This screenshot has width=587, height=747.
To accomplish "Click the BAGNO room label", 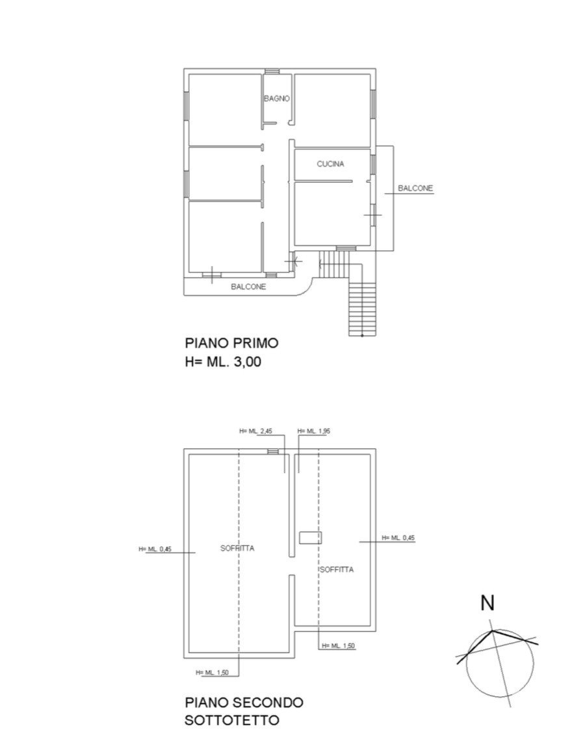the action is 277,99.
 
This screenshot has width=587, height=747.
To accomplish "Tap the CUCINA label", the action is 330,164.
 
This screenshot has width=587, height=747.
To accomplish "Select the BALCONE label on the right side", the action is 415,188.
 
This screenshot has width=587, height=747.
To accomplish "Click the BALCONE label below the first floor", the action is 248,287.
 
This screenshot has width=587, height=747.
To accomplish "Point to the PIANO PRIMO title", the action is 232,343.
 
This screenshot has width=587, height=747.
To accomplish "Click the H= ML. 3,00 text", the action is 223,362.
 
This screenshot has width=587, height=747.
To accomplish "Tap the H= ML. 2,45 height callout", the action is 255,431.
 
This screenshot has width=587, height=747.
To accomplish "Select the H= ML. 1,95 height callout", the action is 314,431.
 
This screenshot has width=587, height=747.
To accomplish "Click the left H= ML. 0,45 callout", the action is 155,549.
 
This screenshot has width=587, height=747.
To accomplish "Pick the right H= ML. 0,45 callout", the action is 398,538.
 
